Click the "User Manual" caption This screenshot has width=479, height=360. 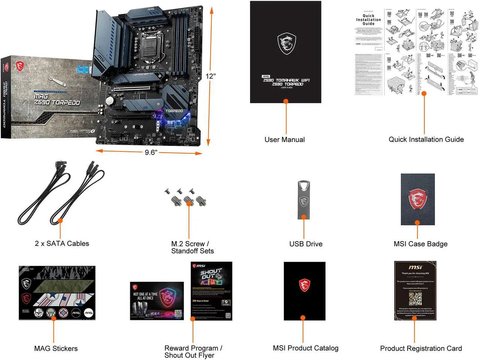tap(284, 140)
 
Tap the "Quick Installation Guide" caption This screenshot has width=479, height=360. tap(426, 139)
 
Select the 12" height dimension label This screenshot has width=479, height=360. tap(211, 76)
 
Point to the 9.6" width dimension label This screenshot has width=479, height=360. tap(151, 153)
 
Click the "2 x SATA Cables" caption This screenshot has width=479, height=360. tap(62, 244)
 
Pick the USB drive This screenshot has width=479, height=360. tap(303, 200)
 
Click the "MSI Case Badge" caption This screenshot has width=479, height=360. tap(420, 244)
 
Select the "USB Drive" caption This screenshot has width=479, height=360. tap(305, 244)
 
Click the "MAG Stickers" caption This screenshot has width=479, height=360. tap(56, 349)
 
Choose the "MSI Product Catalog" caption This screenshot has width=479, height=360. tap(305, 348)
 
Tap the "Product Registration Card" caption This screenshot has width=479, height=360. tap(421, 349)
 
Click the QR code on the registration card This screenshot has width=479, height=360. tap(415, 299)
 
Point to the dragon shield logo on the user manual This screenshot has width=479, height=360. tap(286, 43)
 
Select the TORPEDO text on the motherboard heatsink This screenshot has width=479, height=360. tap(174, 111)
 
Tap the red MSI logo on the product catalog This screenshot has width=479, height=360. tap(304, 285)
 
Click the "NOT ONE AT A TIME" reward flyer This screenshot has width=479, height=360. tap(157, 301)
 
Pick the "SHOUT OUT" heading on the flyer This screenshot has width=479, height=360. tap(211, 275)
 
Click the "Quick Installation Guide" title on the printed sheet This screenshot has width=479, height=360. tap(368, 20)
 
